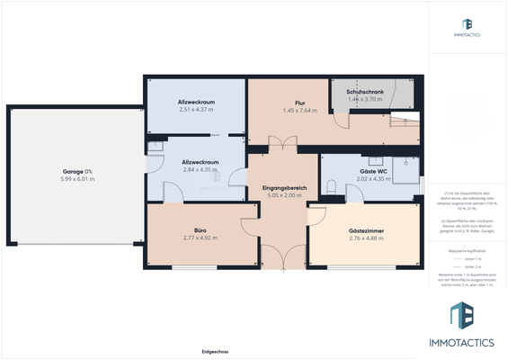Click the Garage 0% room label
(77, 171)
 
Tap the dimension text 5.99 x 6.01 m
(77, 179)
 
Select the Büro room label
(188, 230)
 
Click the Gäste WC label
(372, 171)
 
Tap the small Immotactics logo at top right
(467, 27)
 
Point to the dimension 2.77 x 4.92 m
(188, 238)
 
